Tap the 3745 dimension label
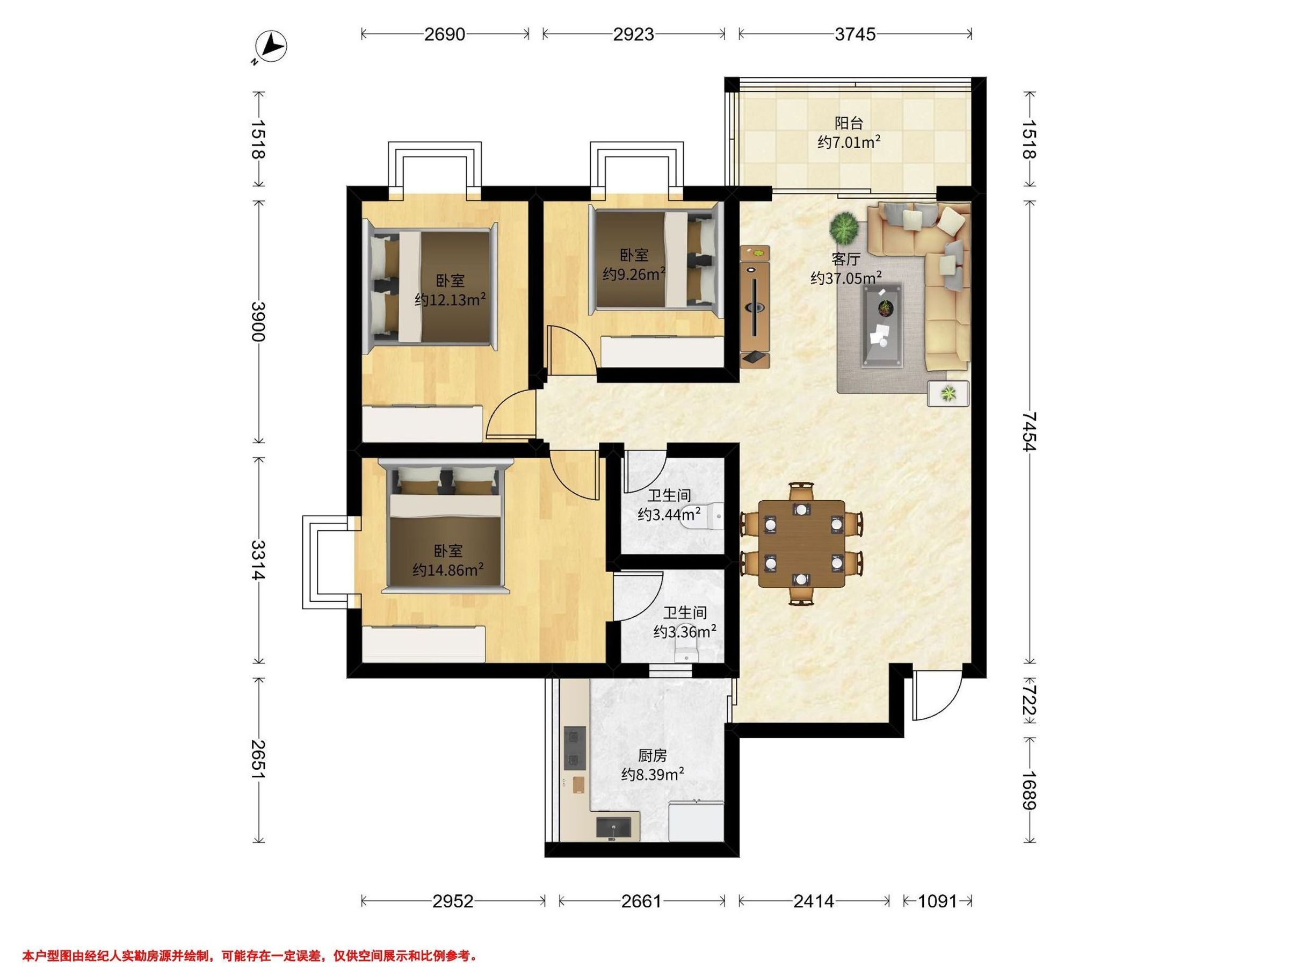pyautogui.click(x=855, y=34)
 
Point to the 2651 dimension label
pyautogui.click(x=258, y=760)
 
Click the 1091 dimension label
pyautogui.click(x=938, y=901)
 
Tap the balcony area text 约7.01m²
pyautogui.click(x=849, y=142)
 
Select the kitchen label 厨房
pyautogui.click(x=652, y=756)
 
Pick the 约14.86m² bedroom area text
pyautogui.click(x=447, y=569)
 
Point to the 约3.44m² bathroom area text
pyautogui.click(x=669, y=514)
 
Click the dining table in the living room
pyautogui.click(x=802, y=544)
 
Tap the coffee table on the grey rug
pyautogui.click(x=882, y=325)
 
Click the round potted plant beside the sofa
pyautogui.click(x=844, y=227)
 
